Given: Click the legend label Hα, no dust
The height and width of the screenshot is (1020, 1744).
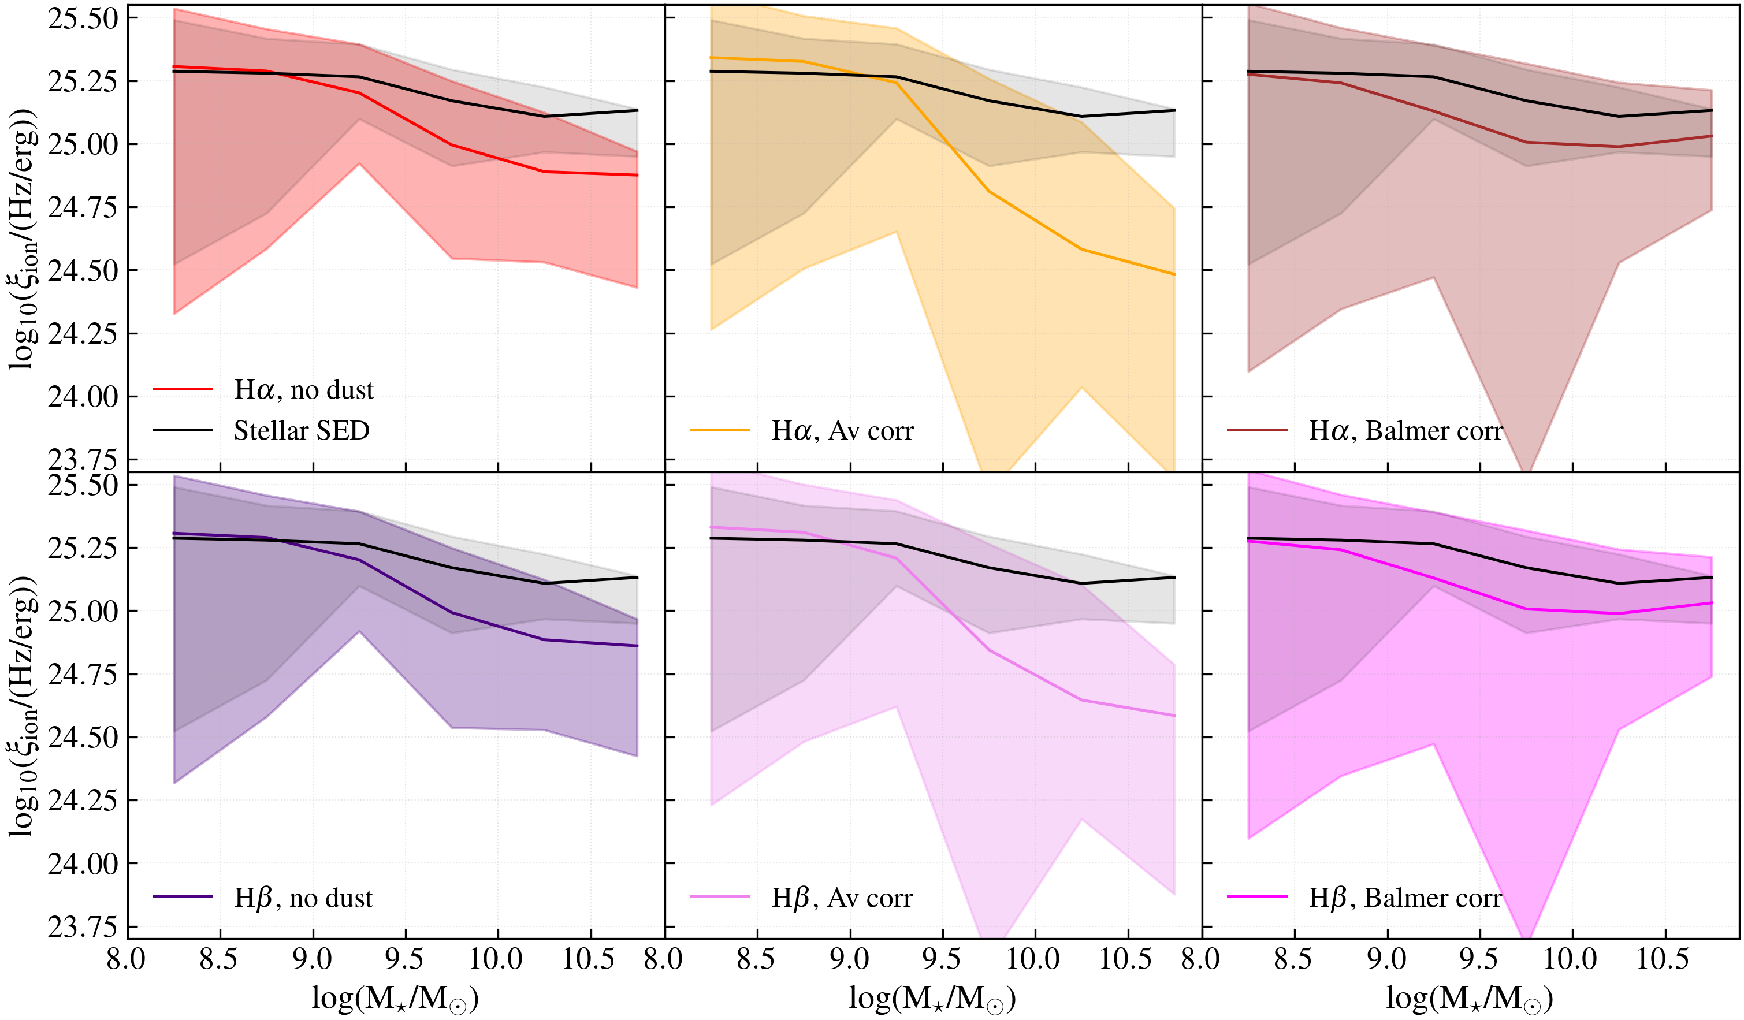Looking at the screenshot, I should coord(303,390).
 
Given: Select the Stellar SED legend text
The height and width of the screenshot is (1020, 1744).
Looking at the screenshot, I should coord(302,431).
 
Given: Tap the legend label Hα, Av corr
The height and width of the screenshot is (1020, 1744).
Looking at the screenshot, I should coord(842,431).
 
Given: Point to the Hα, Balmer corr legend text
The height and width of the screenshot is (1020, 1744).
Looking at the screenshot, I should coord(1405,431).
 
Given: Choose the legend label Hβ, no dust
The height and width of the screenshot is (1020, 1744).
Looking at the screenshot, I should coord(303,898).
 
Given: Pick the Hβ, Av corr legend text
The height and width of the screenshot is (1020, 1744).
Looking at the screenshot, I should coord(842,898).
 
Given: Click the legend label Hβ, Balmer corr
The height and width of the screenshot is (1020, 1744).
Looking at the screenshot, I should coord(1405,898).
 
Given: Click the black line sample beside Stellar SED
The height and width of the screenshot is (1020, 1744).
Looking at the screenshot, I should coord(183,430).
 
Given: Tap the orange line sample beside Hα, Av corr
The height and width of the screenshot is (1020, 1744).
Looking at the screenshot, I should coord(720,430).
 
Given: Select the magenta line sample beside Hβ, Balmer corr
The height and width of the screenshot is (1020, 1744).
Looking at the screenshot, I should coord(1257,897).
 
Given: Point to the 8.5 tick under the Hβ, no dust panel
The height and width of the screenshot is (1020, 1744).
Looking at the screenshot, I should coord(219,960).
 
